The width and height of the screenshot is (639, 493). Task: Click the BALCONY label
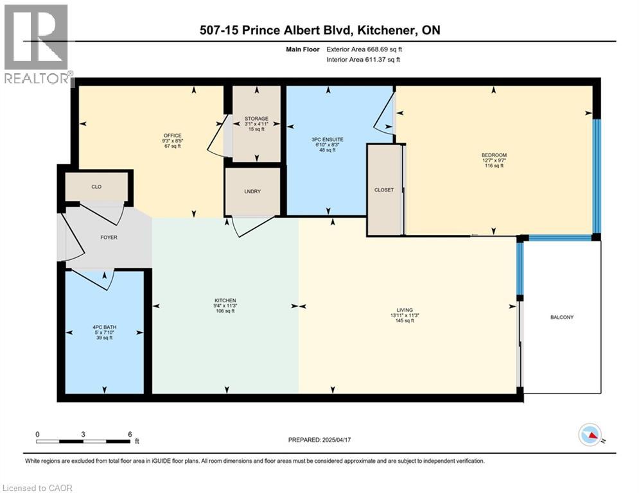pyautogui.click(x=562, y=317)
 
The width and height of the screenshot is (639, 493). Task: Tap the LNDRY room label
pyautogui.click(x=252, y=192)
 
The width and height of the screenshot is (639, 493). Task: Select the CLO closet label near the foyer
pyautogui.click(x=96, y=187)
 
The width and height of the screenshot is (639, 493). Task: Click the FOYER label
pyautogui.click(x=108, y=238)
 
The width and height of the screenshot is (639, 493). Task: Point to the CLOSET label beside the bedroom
pyautogui.click(x=383, y=190)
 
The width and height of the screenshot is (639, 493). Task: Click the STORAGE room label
pyautogui.click(x=256, y=119)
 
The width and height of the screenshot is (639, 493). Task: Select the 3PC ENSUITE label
pyautogui.click(x=327, y=139)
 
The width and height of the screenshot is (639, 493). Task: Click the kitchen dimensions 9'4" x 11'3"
pyautogui.click(x=225, y=306)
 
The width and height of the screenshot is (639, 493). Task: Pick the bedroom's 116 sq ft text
pyautogui.click(x=494, y=166)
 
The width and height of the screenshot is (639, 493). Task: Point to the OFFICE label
pyautogui.click(x=172, y=135)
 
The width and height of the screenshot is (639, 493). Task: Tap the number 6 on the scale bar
pyautogui.click(x=130, y=434)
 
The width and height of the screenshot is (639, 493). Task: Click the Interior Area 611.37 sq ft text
pyautogui.click(x=364, y=60)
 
